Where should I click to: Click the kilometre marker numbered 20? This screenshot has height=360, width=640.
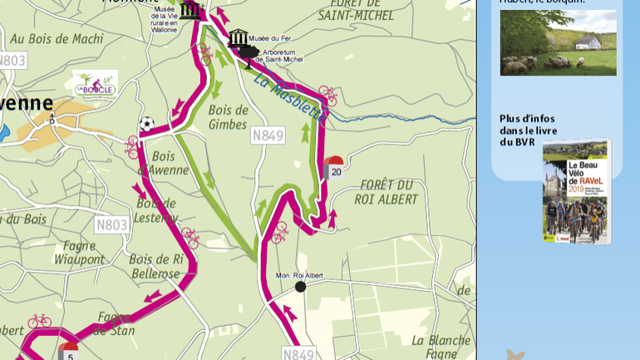pyautogui.click(x=334, y=168)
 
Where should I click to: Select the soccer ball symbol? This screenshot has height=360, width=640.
pyautogui.click(x=146, y=124)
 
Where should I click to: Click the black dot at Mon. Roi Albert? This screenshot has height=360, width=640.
pyautogui.click(x=300, y=287)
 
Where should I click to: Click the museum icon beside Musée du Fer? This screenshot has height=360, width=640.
pyautogui.click(x=239, y=37)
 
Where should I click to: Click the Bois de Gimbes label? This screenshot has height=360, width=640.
pyautogui.click(x=229, y=117)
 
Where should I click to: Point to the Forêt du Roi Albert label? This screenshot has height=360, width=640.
pyautogui.click(x=387, y=191)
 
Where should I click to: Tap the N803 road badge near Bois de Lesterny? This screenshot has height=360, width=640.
pyautogui.click(x=111, y=224)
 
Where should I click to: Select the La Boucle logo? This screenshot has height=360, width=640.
pyautogui.click(x=94, y=83)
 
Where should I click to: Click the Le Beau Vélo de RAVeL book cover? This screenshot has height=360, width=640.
pyautogui.click(x=576, y=191)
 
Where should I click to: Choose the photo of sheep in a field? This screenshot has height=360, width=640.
pyautogui.click(x=558, y=42)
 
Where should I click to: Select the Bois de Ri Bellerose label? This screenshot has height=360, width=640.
pyautogui.click(x=155, y=265)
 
